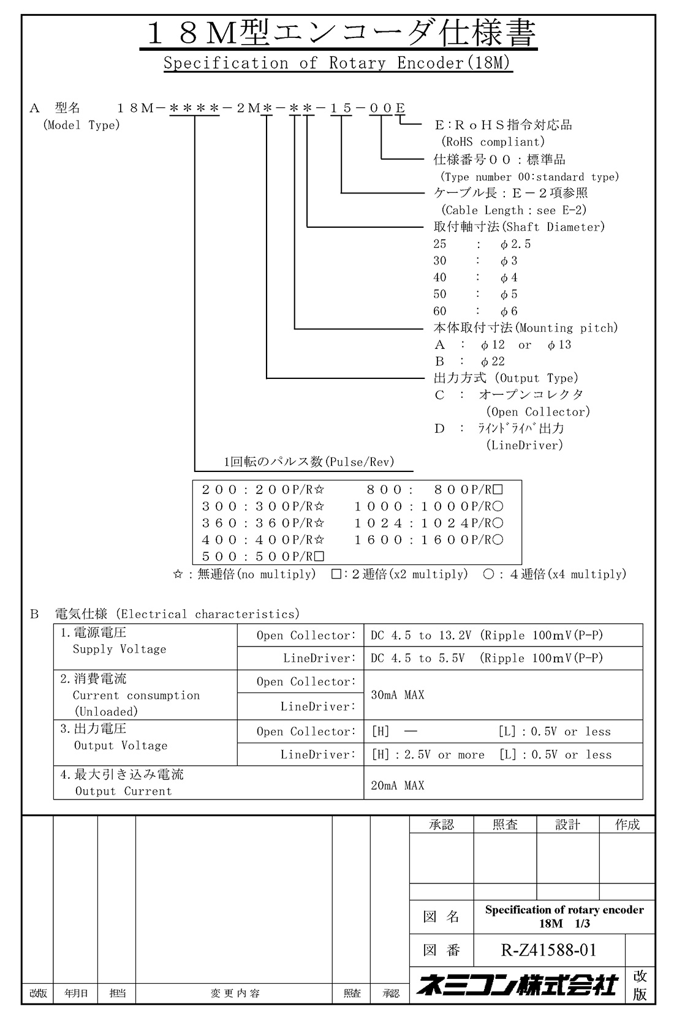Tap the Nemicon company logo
point(517,984)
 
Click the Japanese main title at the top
point(338,34)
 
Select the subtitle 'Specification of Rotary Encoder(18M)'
point(337,63)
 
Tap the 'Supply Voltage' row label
point(119,649)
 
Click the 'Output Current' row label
point(123,791)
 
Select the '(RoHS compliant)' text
point(493,142)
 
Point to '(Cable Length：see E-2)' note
point(513,210)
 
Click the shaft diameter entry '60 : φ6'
point(475,311)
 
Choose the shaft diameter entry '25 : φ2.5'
point(482,244)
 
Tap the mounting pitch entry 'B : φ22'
point(469,362)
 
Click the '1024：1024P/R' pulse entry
point(429,523)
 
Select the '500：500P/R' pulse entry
point(263,556)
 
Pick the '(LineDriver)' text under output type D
point(524,445)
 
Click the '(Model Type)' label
point(81,126)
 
